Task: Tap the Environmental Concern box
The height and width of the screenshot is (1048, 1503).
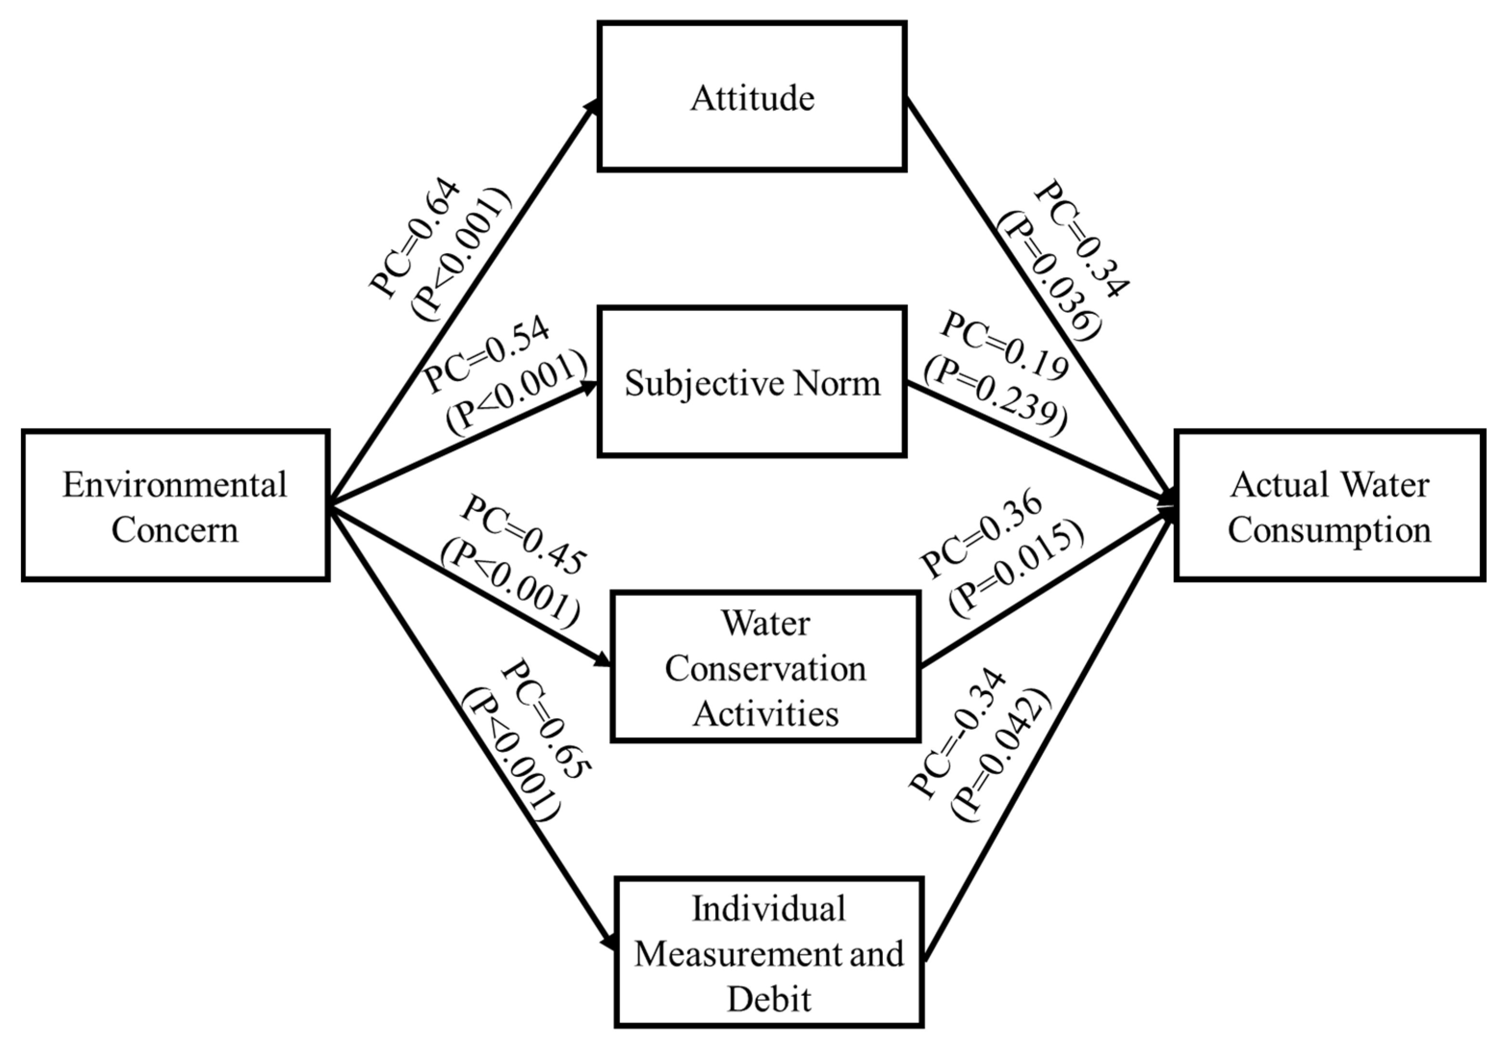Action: pyautogui.click(x=175, y=505)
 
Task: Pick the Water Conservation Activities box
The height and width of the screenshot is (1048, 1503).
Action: pyautogui.click(x=765, y=667)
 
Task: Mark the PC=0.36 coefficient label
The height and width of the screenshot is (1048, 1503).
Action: pyautogui.click(x=981, y=533)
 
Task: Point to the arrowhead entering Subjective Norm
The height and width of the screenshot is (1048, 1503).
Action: pyautogui.click(x=589, y=387)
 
